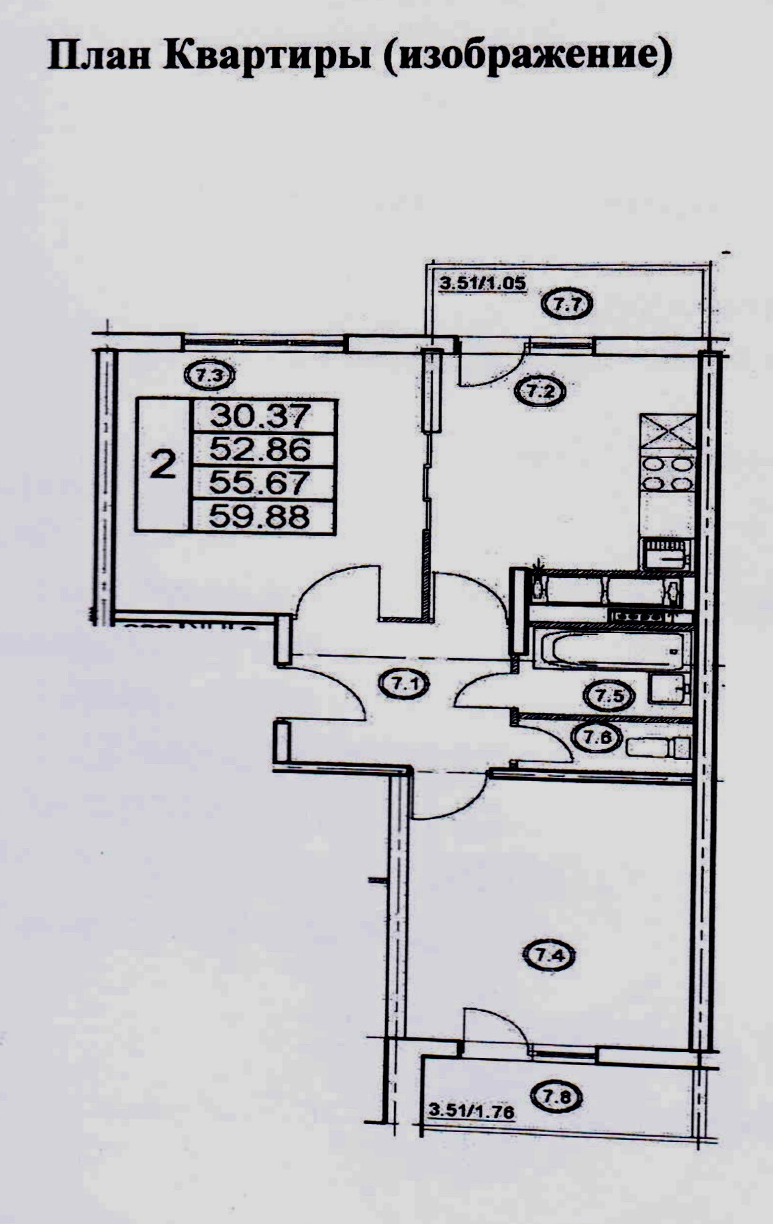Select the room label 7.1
(x=405, y=685)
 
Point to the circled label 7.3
(x=211, y=377)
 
